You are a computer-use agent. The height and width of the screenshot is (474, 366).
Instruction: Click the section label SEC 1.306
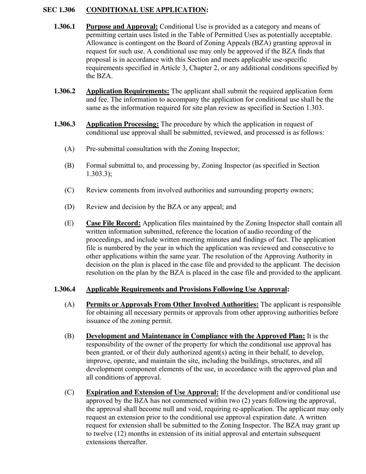pyautogui.click(x=59, y=10)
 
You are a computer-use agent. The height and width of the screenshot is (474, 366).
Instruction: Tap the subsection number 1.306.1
pyautogui.click(x=64, y=27)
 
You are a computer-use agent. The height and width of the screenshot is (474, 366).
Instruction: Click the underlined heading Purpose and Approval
pyautogui.click(x=122, y=27)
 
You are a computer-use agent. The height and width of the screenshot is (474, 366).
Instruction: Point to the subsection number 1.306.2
pyautogui.click(x=64, y=91)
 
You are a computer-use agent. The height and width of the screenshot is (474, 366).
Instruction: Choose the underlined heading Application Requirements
pyautogui.click(x=128, y=91)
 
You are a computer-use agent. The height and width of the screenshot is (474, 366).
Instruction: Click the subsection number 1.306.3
pyautogui.click(x=64, y=124)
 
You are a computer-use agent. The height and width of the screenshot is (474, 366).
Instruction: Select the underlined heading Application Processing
pyautogui.click(x=122, y=124)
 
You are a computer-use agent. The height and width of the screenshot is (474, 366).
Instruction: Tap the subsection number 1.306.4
pyautogui.click(x=64, y=289)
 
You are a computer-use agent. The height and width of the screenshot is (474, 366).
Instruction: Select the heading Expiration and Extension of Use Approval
pyautogui.click(x=152, y=392)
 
